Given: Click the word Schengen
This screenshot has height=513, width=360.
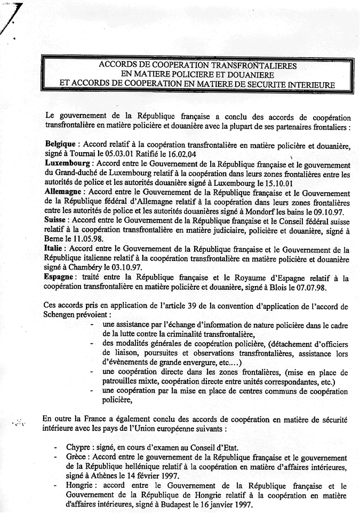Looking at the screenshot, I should point(65,315).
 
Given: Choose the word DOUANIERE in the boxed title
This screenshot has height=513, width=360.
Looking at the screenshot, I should point(239,74).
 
